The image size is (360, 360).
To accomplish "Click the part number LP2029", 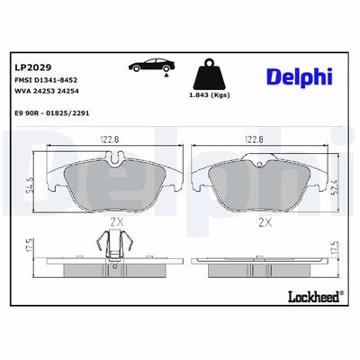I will click(32, 67).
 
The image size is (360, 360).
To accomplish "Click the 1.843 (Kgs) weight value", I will click(207, 95).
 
